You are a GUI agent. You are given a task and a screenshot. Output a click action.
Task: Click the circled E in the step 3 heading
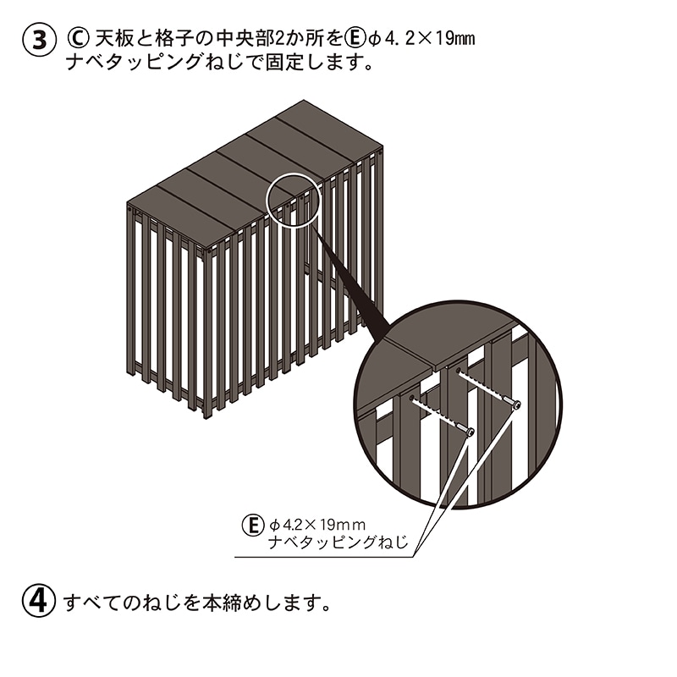pyautogui.click(x=355, y=38)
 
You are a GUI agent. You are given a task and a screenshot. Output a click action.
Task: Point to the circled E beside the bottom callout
pyautogui.click(x=252, y=525)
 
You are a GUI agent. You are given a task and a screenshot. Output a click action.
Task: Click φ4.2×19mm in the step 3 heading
pyautogui.click(x=423, y=39)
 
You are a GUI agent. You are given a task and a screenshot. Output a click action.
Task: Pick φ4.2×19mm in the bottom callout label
pyautogui.click(x=316, y=525)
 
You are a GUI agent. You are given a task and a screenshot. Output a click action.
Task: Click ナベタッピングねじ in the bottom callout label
pyautogui.click(x=338, y=544)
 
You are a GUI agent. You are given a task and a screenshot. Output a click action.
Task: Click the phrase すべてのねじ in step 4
pyautogui.click(x=124, y=603)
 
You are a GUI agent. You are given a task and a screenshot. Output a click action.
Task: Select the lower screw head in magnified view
pyautogui.click(x=469, y=432)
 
